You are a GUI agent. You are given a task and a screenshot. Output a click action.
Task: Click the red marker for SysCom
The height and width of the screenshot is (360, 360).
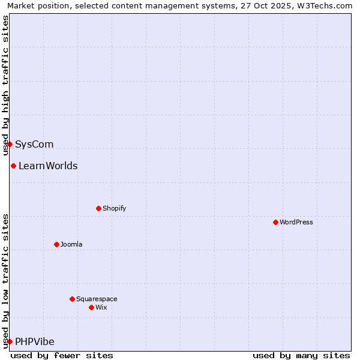[x=10, y=144]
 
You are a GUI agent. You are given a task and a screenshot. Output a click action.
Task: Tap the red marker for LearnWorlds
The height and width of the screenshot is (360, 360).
[x=13, y=166]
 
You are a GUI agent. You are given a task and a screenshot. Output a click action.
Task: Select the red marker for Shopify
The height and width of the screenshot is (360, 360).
[x=98, y=208]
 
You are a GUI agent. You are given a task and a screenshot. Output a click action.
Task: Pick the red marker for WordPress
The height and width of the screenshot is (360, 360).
[x=275, y=222]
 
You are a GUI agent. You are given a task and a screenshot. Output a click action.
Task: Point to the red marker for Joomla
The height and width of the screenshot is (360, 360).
[x=56, y=244]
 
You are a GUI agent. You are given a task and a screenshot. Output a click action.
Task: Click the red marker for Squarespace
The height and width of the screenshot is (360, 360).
[x=72, y=299]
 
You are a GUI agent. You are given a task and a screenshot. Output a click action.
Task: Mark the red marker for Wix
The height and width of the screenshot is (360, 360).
[x=91, y=307]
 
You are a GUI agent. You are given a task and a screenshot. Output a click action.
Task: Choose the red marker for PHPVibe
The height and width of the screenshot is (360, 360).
[x=10, y=341]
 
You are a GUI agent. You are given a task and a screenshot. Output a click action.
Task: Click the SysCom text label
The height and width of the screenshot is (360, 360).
[x=34, y=144]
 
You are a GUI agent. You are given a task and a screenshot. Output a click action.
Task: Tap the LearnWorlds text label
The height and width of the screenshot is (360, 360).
[x=48, y=166]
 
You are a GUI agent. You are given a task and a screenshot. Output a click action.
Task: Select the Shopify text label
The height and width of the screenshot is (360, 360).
[x=114, y=208]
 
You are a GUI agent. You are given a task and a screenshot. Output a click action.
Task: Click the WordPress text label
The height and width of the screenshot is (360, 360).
[x=296, y=222]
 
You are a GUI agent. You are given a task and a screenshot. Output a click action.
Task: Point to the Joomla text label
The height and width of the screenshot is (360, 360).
[x=71, y=244]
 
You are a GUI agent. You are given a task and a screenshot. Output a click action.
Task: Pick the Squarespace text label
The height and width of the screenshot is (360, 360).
[x=97, y=299]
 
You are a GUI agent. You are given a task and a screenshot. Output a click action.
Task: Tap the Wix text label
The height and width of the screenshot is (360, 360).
[x=101, y=307]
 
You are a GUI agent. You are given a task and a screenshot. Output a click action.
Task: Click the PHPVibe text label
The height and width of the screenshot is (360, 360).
[x=35, y=341]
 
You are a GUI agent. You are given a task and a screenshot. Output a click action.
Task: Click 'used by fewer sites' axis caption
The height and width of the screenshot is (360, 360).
[x=62, y=355]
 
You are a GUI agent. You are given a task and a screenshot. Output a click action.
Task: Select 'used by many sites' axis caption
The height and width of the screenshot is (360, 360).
[x=301, y=355]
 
